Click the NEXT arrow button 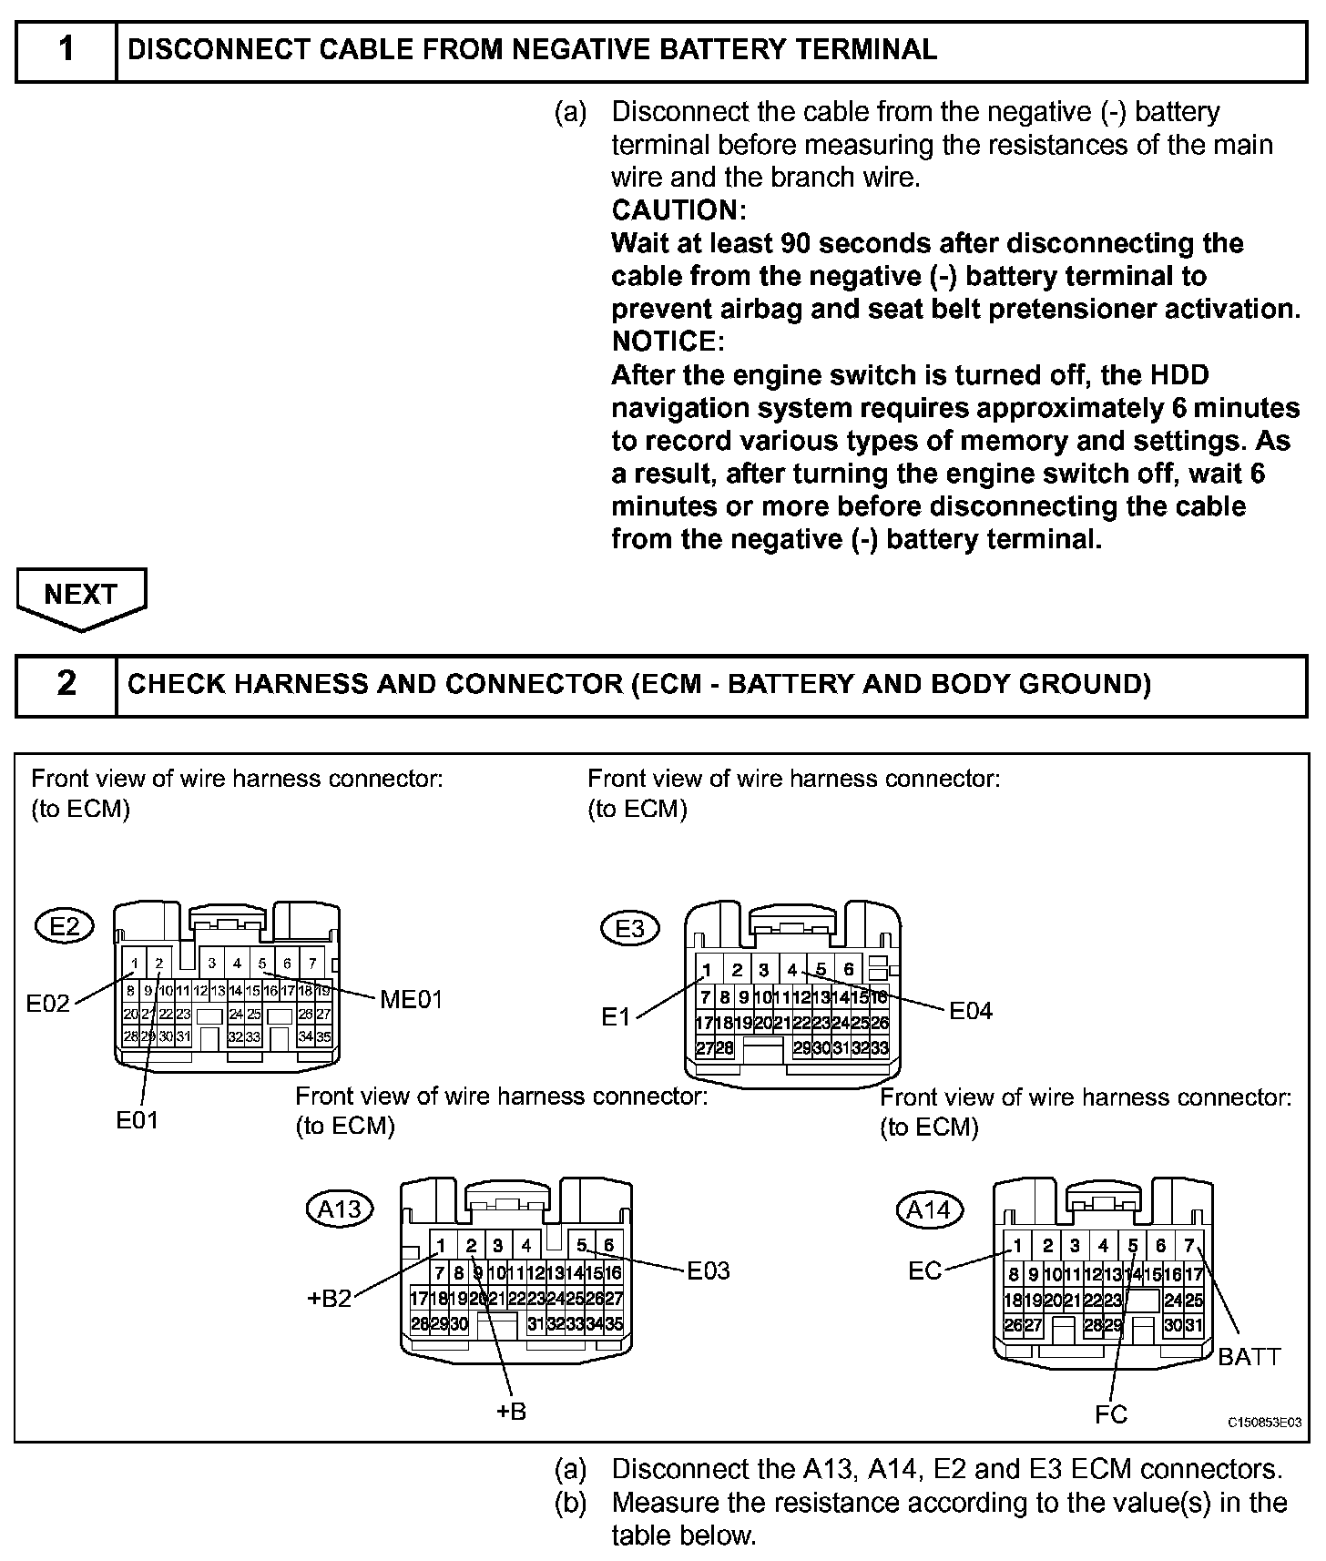point(80,596)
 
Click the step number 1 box point(66,49)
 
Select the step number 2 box point(66,684)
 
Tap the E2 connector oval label point(65,927)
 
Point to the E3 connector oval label point(629,929)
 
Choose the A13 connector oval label point(339,1209)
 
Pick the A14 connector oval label point(929,1210)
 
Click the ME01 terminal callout point(411,1000)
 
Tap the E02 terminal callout point(47,1004)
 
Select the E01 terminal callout point(137,1120)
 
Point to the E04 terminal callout point(971,1011)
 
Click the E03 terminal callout point(709,1270)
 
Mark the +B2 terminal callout point(329,1299)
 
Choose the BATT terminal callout point(1249,1357)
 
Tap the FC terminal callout point(1111,1414)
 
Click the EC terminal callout point(924,1270)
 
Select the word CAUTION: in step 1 point(678,210)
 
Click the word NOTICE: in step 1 point(668,342)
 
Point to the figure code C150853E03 point(1264,1423)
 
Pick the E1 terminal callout point(616,1016)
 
